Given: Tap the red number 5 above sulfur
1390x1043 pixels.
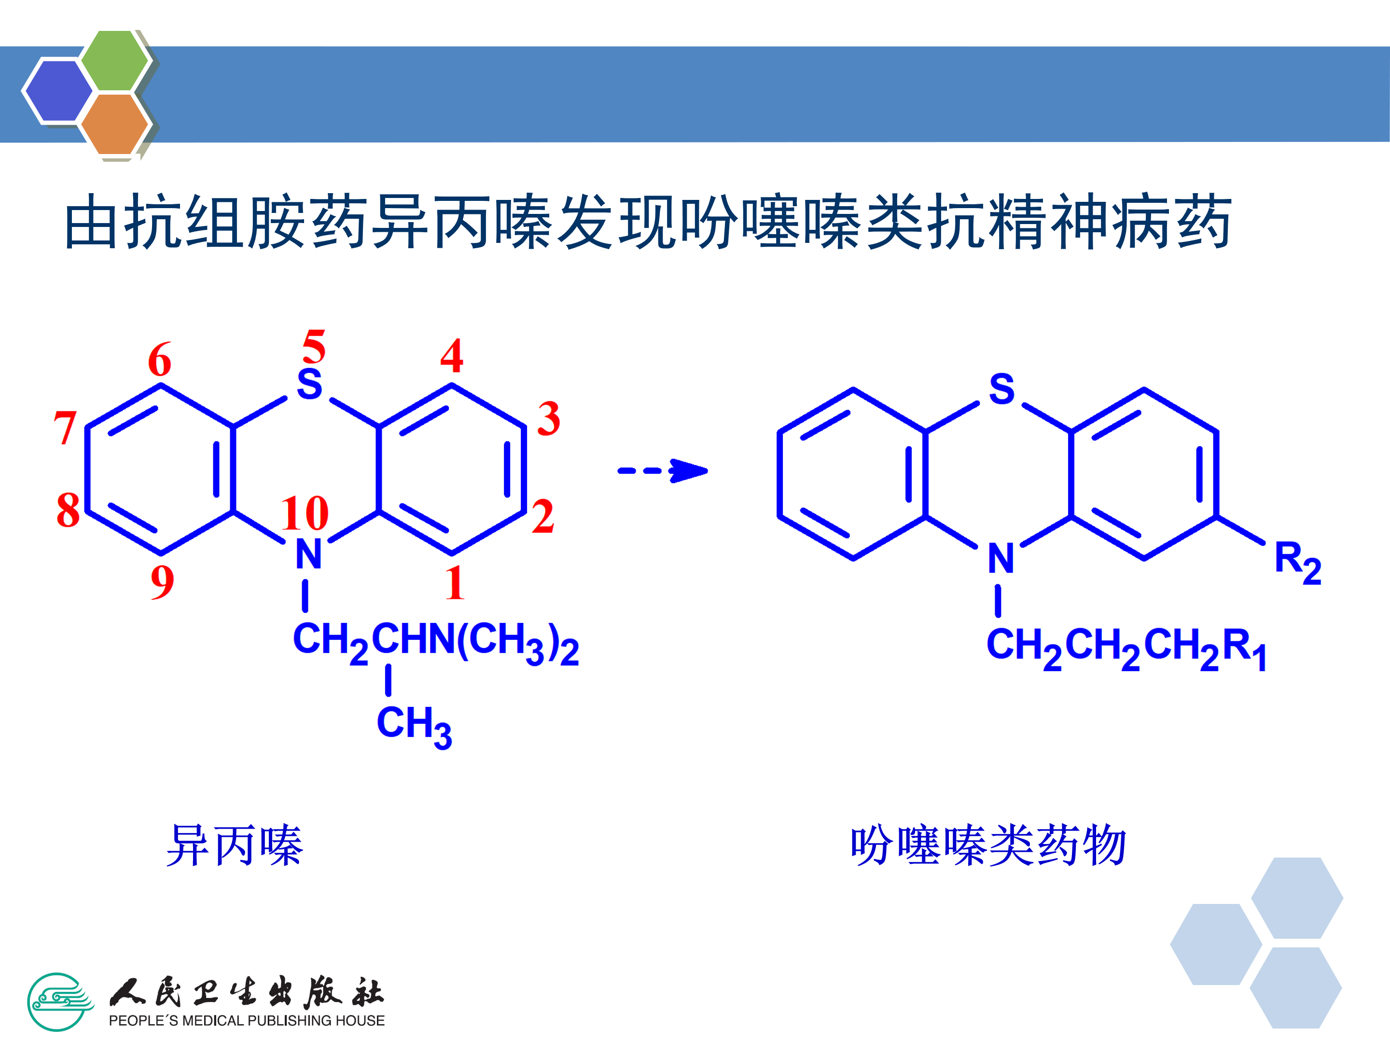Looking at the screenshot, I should [x=314, y=346].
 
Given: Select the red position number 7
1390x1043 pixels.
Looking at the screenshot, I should [x=65, y=427].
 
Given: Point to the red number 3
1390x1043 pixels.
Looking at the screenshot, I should [x=549, y=419].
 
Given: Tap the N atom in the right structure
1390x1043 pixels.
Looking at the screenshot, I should [x=1001, y=558].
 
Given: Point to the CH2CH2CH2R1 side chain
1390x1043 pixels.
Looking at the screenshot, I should [x=1126, y=648].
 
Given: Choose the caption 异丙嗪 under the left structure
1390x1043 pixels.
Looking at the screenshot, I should [x=235, y=846].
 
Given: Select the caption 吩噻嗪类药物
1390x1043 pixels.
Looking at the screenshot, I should [x=988, y=846].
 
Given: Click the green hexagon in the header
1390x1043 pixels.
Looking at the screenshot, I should [x=115, y=60].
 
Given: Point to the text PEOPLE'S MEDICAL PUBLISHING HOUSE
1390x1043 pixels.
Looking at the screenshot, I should [x=246, y=1020].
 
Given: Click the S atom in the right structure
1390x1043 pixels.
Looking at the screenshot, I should [x=1001, y=389].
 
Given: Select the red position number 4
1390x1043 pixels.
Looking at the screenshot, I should [x=452, y=356].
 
